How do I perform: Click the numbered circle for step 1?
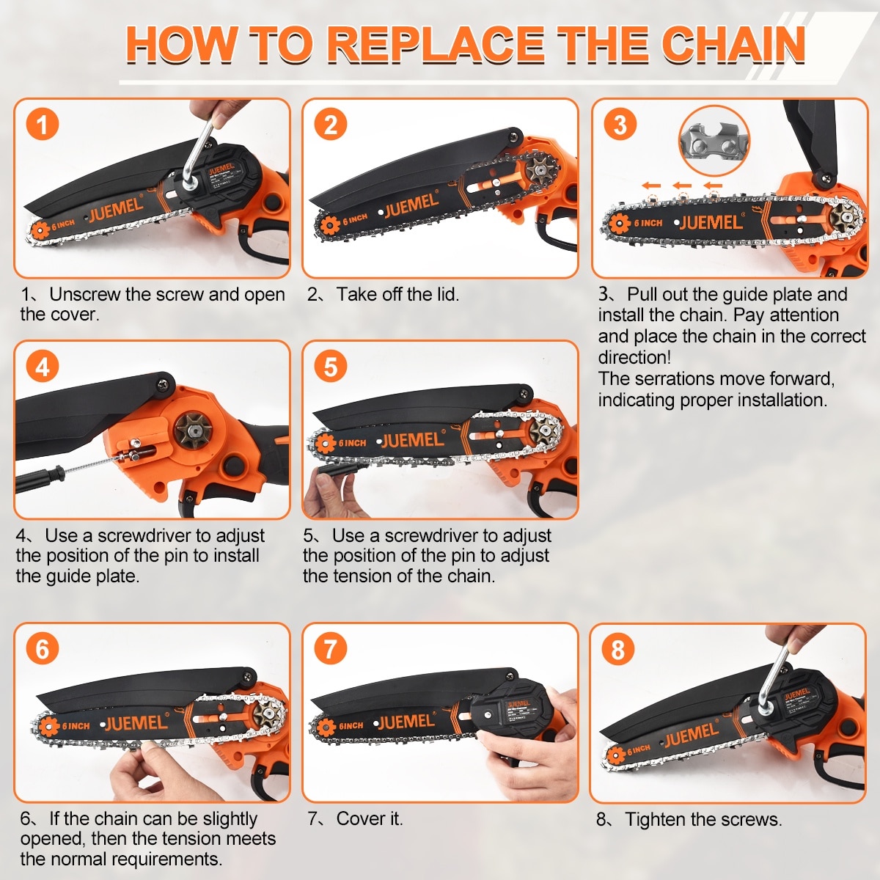[43, 124]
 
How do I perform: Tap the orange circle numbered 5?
[331, 367]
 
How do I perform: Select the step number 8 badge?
[618, 649]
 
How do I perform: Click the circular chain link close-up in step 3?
[714, 141]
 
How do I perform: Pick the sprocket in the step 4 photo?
[194, 431]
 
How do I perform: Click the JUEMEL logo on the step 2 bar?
[411, 205]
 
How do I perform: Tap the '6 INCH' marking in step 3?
[648, 223]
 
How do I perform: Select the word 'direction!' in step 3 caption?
[634, 357]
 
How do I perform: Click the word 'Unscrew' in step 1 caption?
[85, 295]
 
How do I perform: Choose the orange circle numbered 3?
[620, 124]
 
